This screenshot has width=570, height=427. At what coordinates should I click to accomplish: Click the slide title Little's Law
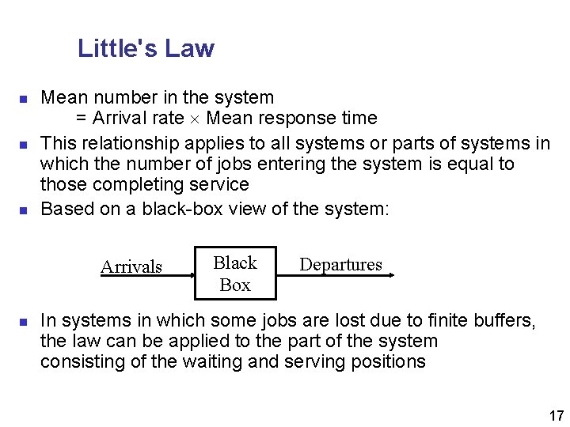(x=146, y=49)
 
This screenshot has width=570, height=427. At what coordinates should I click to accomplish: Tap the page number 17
(x=556, y=415)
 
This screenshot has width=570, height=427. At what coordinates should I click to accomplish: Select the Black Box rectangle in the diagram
(x=235, y=274)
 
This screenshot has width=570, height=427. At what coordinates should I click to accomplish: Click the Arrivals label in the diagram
(x=131, y=266)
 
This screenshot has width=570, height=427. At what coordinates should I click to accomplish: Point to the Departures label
(x=340, y=264)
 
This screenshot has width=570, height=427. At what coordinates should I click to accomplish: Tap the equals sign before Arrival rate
(x=82, y=119)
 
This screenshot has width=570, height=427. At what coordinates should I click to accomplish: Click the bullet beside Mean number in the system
(x=24, y=100)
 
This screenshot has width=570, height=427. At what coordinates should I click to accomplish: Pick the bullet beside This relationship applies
(x=24, y=145)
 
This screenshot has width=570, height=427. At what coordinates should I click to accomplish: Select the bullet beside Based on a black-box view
(x=24, y=211)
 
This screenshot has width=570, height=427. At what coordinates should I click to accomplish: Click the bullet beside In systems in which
(x=24, y=323)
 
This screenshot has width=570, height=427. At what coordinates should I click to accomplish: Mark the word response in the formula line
(x=301, y=119)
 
